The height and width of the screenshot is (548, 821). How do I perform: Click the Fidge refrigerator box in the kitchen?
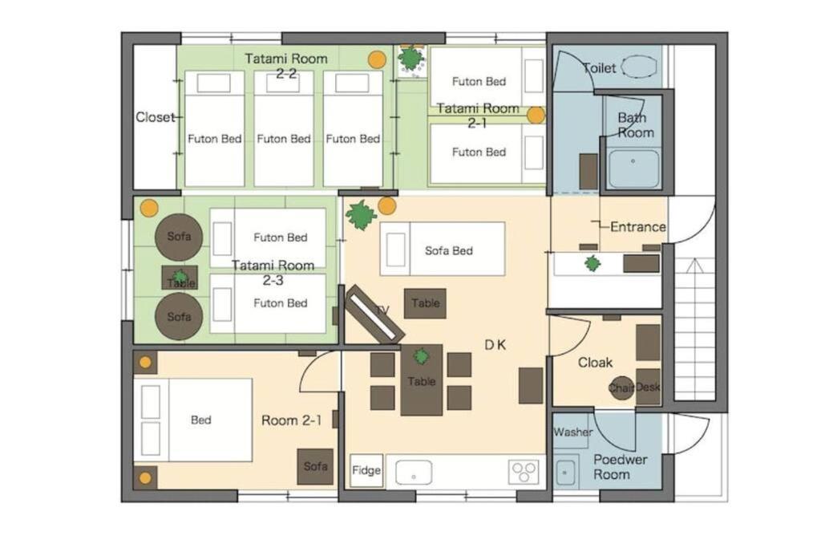[366, 470]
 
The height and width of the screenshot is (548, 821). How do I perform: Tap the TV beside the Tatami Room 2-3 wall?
[374, 314]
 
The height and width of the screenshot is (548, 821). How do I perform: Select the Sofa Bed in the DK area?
[443, 249]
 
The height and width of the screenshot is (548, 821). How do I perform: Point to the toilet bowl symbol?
[639, 67]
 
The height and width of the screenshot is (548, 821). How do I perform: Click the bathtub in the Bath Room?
[633, 168]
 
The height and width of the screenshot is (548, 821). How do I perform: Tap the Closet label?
[155, 117]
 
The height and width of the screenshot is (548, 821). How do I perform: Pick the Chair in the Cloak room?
[621, 388]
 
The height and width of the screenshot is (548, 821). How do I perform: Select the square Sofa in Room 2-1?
[315, 466]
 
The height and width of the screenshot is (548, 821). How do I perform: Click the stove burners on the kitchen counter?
[524, 472]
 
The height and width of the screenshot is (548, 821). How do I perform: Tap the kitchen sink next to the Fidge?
[414, 472]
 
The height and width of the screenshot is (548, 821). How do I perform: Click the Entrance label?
[638, 227]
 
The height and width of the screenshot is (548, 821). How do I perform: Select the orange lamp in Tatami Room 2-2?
[377, 59]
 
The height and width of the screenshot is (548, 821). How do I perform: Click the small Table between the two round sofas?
[180, 277]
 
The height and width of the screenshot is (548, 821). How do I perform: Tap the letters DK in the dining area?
[495, 345]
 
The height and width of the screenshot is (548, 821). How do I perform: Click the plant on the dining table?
[421, 357]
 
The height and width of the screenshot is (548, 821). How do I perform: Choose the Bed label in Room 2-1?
[201, 420]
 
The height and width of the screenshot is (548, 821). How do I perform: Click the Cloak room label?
[596, 363]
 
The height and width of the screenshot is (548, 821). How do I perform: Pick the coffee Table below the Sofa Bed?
[425, 302]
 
